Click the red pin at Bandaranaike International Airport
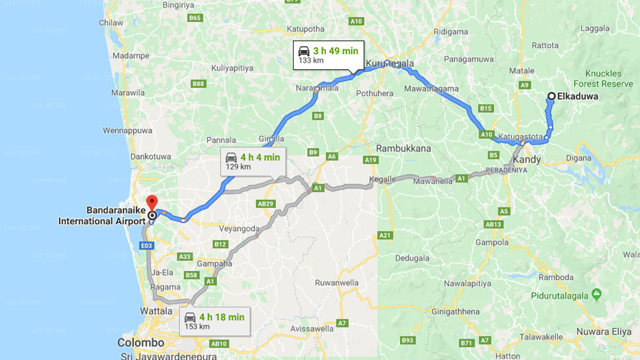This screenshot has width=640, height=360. pyautogui.click(x=151, y=202)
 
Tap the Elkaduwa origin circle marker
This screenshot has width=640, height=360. pyautogui.click(x=551, y=96)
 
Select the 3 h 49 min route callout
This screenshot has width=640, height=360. pyautogui.click(x=328, y=55)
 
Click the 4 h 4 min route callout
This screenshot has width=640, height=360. pyautogui.click(x=253, y=161)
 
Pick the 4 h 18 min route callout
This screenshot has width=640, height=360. pyautogui.click(x=215, y=321)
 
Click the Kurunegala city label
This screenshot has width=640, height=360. pyautogui.click(x=390, y=63)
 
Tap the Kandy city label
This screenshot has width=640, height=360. pyautogui.click(x=526, y=160)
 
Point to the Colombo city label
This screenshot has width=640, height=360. pyautogui.click(x=140, y=343)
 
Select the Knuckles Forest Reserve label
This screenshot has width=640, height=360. pyautogui.click(x=603, y=78)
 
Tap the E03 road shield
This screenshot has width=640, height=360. pyautogui.click(x=146, y=245)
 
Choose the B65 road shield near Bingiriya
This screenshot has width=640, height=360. pyautogui.click(x=195, y=18)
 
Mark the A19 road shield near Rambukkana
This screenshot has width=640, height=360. pyautogui.click(x=370, y=160)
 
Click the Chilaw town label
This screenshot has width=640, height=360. pyautogui.click(x=111, y=22)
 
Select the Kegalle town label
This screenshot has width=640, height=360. pyautogui.click(x=382, y=179)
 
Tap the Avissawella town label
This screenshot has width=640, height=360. pyautogui.click(x=311, y=329)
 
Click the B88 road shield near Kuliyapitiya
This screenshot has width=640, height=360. pyautogui.click(x=198, y=83)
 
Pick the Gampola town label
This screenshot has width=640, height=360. pyautogui.click(x=491, y=242)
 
